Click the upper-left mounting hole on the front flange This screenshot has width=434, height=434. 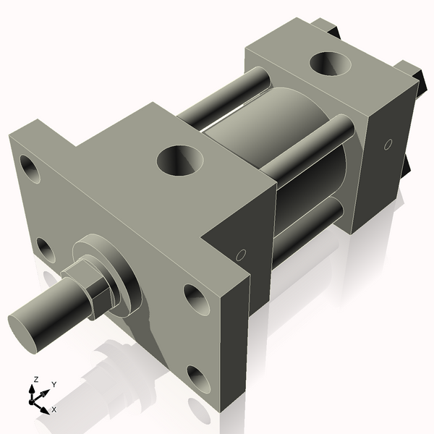click(30, 168)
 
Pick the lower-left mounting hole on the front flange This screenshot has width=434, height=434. click(45, 250)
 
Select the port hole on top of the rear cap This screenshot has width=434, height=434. click(332, 63)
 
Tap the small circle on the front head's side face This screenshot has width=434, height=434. click(242, 255)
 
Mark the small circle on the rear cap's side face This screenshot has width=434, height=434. click(388, 145)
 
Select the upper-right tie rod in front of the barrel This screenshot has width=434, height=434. click(304, 152)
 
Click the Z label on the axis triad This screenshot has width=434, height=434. click(36, 379)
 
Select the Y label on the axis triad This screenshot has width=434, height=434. click(54, 384)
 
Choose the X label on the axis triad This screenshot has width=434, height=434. click(54, 409)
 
